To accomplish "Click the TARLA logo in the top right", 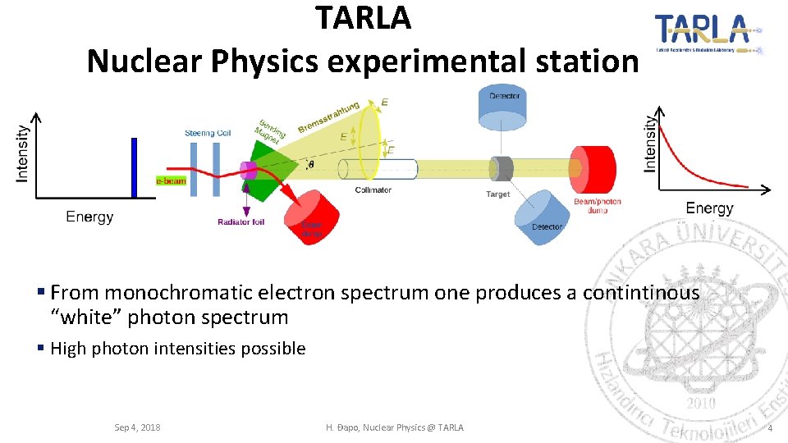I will click(x=708, y=34).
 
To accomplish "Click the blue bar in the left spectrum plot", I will click(x=134, y=167).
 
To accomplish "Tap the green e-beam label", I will click(x=171, y=180).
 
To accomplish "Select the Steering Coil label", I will click(x=208, y=133).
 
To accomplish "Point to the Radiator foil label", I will click(x=241, y=221).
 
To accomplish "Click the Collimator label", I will click(x=373, y=190).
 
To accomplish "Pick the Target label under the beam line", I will click(x=497, y=194).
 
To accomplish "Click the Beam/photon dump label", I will click(x=597, y=205).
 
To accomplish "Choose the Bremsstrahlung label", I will click(x=328, y=116).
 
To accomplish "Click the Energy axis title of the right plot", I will click(x=709, y=208).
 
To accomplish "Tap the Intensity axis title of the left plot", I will click(x=23, y=153).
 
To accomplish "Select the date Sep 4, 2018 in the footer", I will click(x=137, y=427).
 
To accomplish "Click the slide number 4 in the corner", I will click(x=769, y=428).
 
